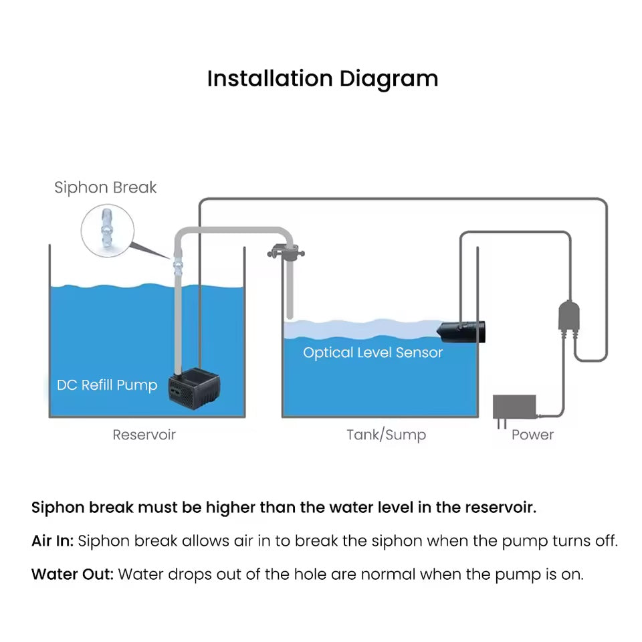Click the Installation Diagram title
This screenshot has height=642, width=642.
click(x=322, y=79)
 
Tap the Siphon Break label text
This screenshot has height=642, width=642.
click(x=106, y=187)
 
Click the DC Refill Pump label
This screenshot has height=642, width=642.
click(x=107, y=385)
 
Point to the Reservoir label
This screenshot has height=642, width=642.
click(x=144, y=435)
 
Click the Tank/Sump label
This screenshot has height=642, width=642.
click(x=386, y=435)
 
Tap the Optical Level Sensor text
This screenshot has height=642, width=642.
click(x=372, y=352)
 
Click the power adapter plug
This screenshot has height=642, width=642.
click(x=514, y=406)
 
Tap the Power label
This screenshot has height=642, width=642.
click(x=532, y=435)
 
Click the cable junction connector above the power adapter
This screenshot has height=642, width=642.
click(x=568, y=315)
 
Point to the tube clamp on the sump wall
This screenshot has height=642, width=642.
click(x=284, y=253)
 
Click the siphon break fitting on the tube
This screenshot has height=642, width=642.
click(x=177, y=267)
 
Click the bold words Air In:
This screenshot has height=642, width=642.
click(x=52, y=541)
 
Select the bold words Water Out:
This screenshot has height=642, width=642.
click(x=72, y=574)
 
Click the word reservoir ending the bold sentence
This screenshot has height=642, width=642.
click(x=499, y=508)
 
